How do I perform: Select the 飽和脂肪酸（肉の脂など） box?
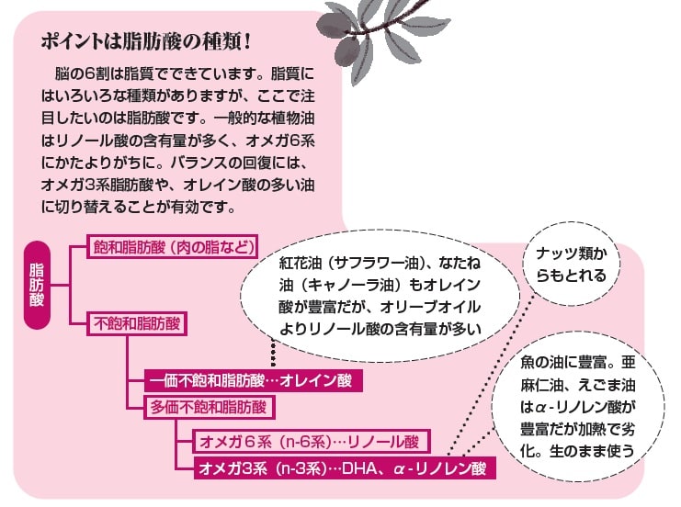(172, 248)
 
